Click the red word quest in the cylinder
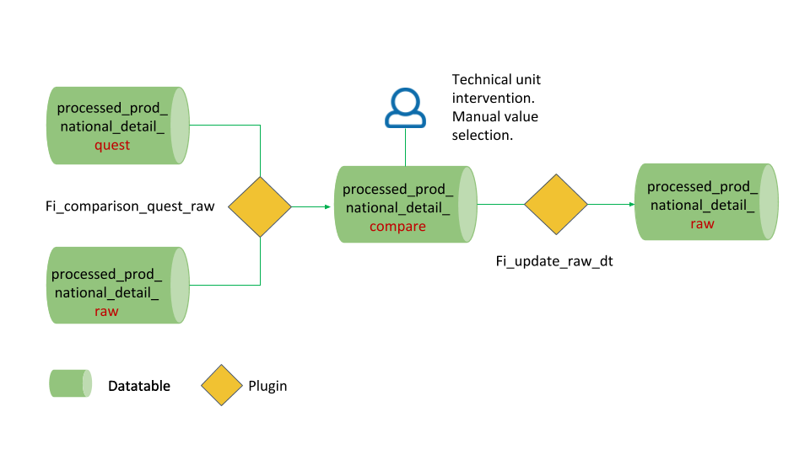coord(112,145)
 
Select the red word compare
coord(397,227)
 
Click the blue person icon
coord(405,108)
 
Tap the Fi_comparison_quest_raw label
coord(130,205)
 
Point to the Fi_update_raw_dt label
coord(553,261)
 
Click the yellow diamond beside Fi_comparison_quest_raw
coord(260,206)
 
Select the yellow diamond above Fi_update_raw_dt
coord(555,205)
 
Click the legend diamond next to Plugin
coord(222,386)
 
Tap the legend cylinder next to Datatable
coord(70,384)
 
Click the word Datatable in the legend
coord(139,386)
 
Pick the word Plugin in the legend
coord(267,386)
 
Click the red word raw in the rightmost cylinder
coord(702,223)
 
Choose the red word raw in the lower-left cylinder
coord(106,311)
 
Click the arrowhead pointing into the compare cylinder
coord(326,206)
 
